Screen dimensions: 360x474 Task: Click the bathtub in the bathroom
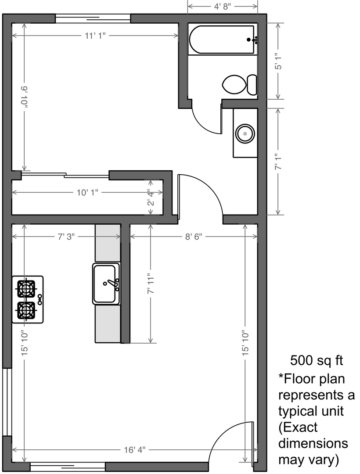pos(222,40)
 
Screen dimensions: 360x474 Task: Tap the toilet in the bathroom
pos(239,85)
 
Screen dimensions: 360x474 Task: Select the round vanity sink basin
pos(245,133)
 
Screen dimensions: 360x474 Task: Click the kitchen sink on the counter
pos(106,284)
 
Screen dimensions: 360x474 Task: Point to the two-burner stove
pos(28,299)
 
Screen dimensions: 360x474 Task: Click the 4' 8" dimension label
pos(223,6)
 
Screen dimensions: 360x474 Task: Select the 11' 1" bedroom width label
pos(95,36)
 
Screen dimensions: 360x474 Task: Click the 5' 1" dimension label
pos(278,61)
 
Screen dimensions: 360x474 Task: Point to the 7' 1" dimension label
pos(278,162)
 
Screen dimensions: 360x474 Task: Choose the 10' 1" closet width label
pos(87,192)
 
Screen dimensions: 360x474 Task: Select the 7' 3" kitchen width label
pos(66,237)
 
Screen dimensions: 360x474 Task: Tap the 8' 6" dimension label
pos(194,237)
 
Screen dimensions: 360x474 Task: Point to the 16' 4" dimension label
pos(134,450)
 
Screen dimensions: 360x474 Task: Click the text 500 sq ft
pos(317,360)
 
